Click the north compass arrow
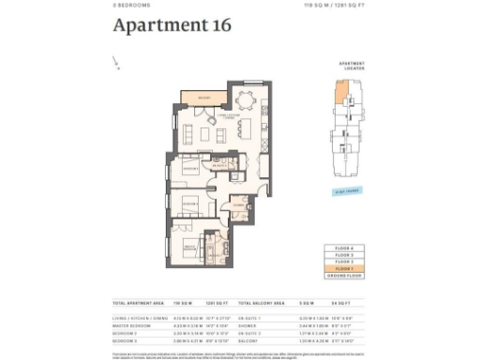click(117, 65)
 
